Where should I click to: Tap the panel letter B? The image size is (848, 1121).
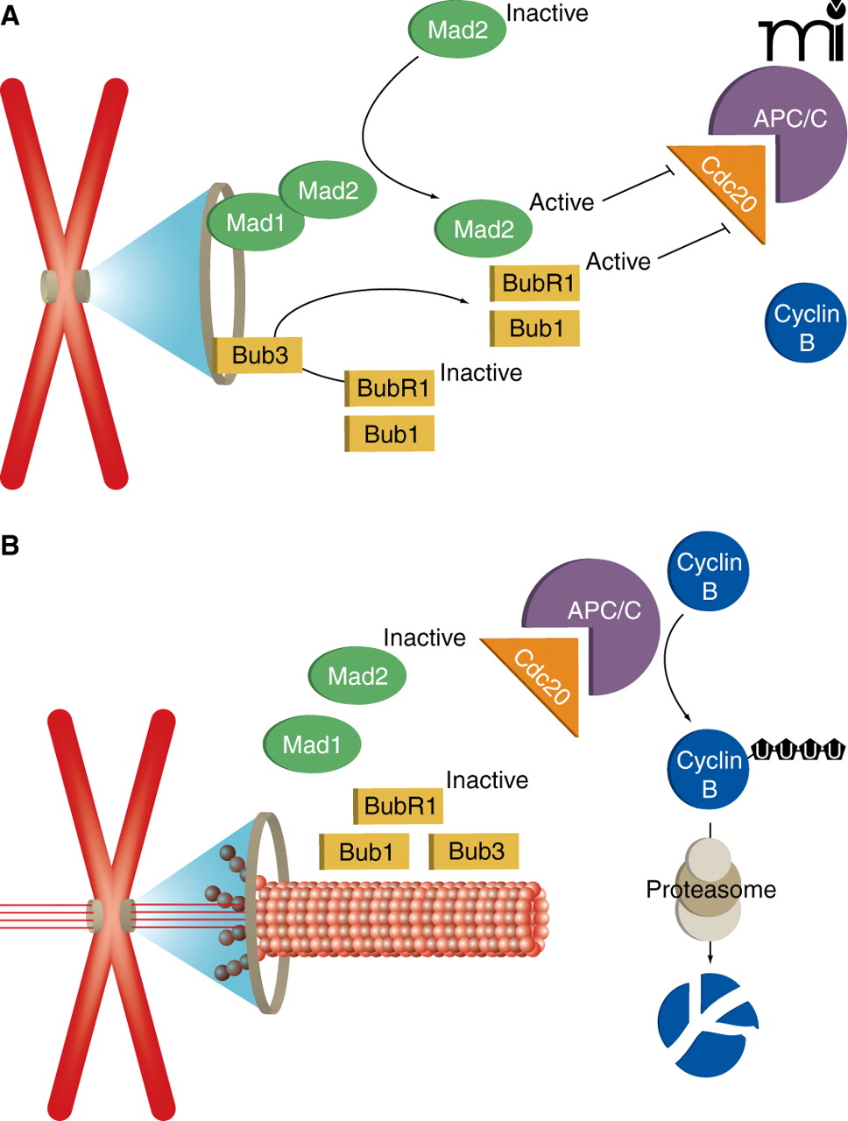(10, 546)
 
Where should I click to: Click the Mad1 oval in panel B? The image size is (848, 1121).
(312, 744)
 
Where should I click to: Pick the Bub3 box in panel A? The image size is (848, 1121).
(259, 355)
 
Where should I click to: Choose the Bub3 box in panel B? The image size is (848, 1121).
(475, 850)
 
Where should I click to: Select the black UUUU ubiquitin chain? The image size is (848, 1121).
(798, 750)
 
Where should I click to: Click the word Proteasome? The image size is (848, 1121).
(710, 890)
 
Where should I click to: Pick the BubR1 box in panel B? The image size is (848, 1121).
(399, 806)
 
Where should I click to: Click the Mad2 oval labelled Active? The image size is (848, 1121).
(484, 229)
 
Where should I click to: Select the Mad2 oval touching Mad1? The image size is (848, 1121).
(329, 190)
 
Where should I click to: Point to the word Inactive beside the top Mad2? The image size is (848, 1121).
(547, 13)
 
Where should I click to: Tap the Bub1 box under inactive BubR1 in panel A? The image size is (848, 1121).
(391, 434)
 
